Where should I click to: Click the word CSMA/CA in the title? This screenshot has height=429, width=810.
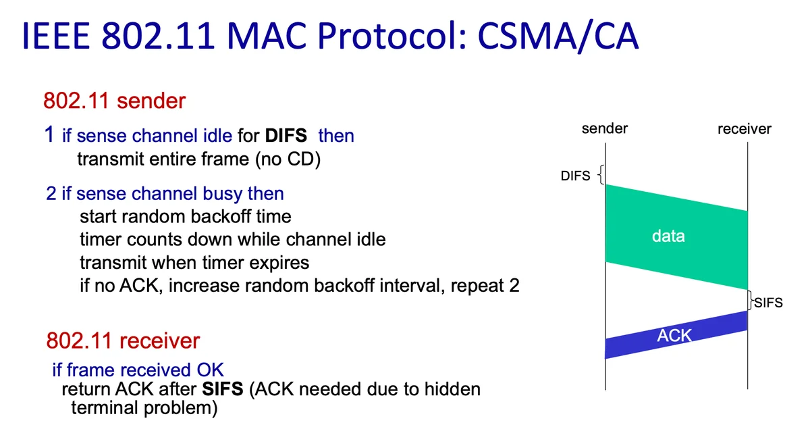click(x=558, y=36)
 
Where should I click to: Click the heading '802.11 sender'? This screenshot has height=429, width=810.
click(x=114, y=101)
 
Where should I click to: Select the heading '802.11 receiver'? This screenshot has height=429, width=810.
click(x=123, y=340)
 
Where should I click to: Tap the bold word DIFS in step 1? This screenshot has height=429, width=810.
click(x=286, y=136)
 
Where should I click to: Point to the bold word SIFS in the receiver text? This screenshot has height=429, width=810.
click(x=223, y=389)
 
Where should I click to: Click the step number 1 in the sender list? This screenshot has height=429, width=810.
click(x=49, y=134)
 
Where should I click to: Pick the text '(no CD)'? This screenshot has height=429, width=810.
click(x=288, y=159)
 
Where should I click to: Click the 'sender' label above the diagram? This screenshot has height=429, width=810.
click(x=605, y=128)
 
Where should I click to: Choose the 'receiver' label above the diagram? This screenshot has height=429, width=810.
click(x=745, y=129)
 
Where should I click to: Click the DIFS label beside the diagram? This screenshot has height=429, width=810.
click(x=575, y=176)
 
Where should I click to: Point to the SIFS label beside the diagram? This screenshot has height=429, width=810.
click(x=768, y=303)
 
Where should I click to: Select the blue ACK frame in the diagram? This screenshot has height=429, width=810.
click(x=676, y=335)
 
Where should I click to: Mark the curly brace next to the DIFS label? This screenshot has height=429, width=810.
click(x=600, y=175)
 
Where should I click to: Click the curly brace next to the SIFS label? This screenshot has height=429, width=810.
click(x=751, y=301)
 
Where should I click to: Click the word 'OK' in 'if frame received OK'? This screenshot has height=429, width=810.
click(x=210, y=370)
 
